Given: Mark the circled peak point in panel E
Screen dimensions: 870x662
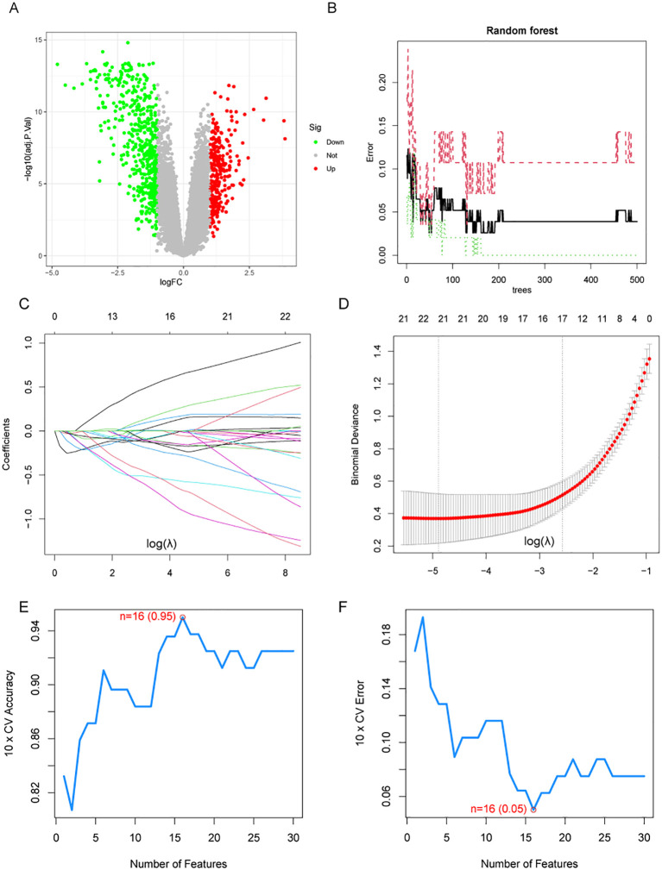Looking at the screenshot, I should pos(182,617).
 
